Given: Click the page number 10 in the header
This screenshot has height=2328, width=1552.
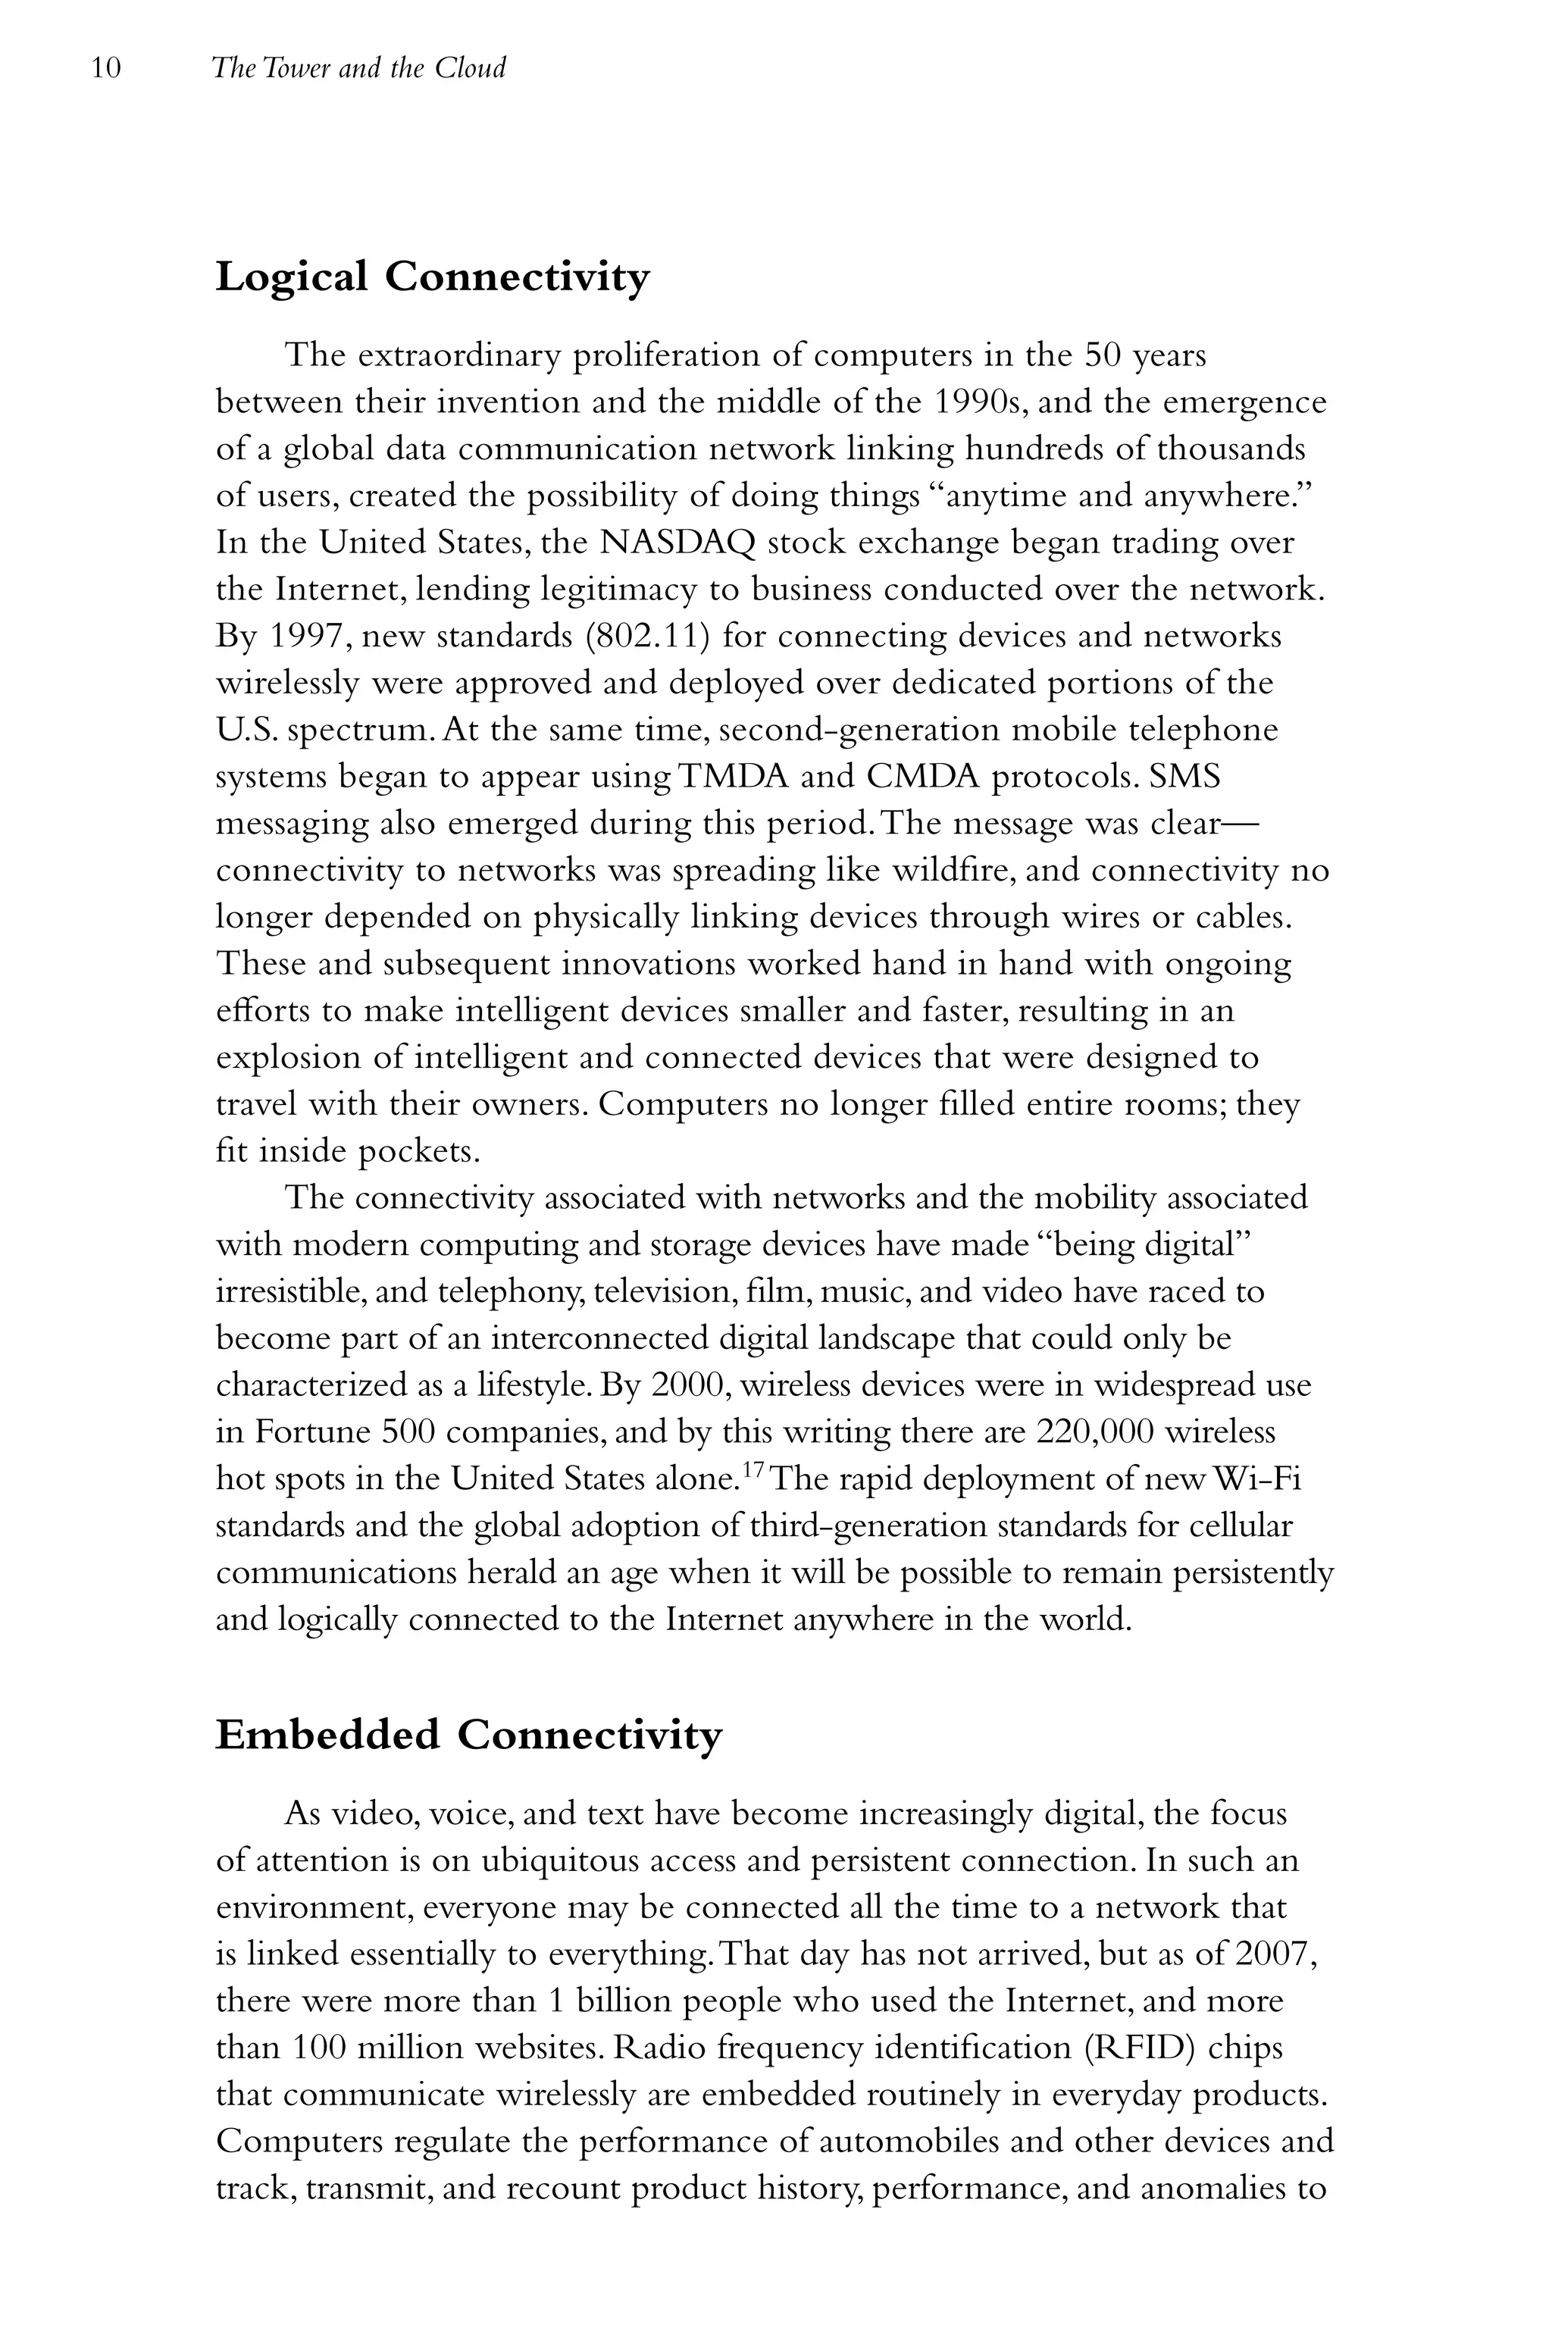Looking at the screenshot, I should coord(106,68).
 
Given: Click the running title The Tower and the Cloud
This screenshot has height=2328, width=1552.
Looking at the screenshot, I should coord(358,68).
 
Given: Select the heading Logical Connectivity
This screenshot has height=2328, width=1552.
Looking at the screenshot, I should coord(433,277).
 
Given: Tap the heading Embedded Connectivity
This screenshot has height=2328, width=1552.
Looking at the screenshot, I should coord(468,1736).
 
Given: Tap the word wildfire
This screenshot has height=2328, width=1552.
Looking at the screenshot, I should coord(947,871).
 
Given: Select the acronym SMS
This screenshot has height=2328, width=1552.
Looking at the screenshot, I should coord(1184,777).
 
